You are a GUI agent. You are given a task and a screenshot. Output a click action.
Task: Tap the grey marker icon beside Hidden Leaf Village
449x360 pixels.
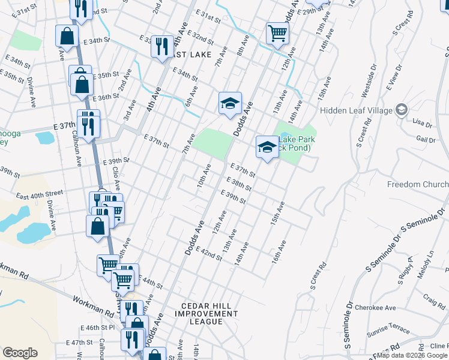point(401,110)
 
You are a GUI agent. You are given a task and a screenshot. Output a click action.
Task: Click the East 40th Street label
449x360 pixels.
point(39,194)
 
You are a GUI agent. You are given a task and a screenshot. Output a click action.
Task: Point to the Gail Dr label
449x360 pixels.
point(426,140)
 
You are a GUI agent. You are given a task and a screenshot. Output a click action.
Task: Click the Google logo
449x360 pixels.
point(20,353)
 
